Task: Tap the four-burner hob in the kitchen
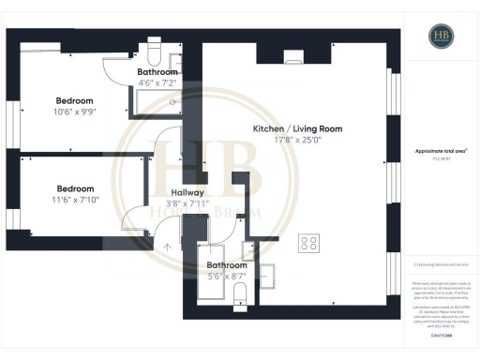click(x=308, y=243)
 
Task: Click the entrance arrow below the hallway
click(x=169, y=247)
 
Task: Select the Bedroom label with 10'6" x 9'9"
click(x=75, y=100)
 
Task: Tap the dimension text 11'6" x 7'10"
click(x=75, y=200)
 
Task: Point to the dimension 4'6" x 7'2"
click(x=156, y=84)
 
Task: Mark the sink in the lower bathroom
click(x=248, y=251)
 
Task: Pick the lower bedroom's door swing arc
click(x=136, y=217)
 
